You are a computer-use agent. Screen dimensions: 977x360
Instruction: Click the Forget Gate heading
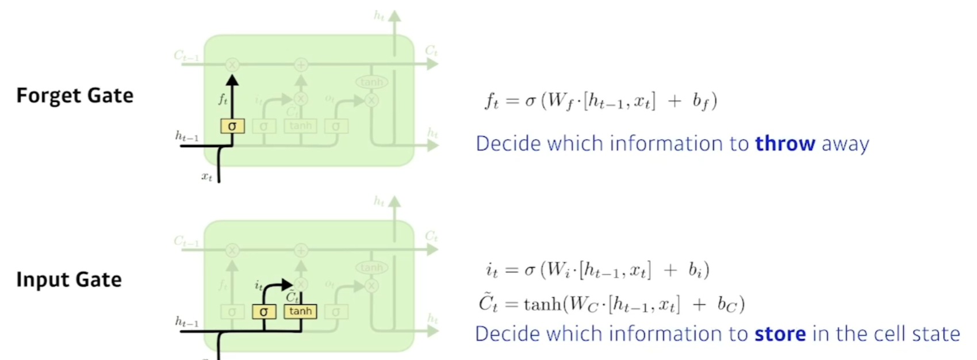pos(75,95)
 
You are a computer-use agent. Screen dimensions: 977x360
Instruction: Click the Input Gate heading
pos(69,279)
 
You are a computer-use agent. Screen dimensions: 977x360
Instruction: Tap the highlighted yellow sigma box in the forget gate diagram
pos(232,126)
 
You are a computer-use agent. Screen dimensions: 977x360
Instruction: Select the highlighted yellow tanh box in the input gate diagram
pos(300,311)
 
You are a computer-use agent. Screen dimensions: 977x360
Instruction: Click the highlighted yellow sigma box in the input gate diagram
pos(264,312)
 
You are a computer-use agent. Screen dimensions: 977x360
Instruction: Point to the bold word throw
pos(785,143)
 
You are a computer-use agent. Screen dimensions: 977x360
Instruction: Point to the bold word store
pos(780,334)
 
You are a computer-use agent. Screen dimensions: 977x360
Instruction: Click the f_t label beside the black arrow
pos(223,99)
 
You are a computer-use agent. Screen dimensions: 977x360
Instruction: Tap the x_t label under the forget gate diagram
pos(207,177)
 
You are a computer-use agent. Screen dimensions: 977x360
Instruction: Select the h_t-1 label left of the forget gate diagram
pos(187,137)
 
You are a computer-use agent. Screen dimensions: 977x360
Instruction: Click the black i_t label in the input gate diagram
pos(259,285)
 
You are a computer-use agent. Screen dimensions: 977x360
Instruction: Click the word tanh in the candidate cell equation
pos(542,303)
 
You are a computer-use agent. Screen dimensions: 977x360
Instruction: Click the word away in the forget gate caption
pos(845,143)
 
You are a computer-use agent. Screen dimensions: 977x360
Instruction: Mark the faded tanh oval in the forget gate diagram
pos(371,82)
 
